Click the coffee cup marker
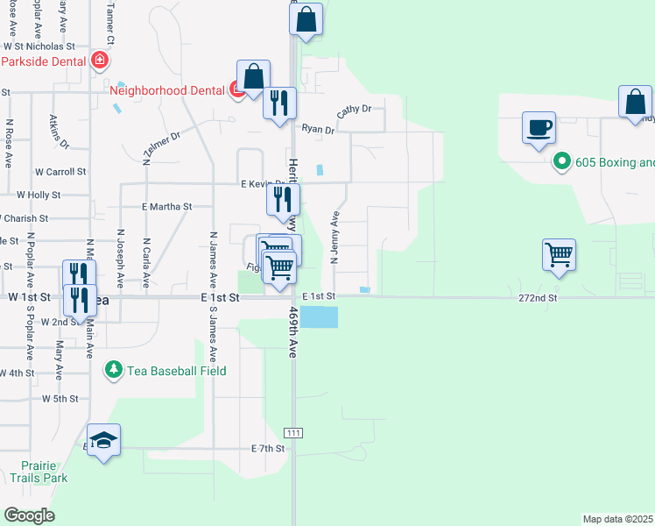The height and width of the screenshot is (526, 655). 539,127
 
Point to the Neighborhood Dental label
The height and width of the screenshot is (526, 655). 166,89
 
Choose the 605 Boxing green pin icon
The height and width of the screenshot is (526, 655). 561,162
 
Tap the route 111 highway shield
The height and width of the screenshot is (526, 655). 292,434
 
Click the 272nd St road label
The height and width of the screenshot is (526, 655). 538,298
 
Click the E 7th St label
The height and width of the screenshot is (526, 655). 268,449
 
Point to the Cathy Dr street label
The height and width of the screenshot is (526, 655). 355,110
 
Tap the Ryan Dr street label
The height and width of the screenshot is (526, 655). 319,130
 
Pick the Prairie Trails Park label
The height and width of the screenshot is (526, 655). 39,472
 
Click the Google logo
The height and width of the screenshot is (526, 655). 30,515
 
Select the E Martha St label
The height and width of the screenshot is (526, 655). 166,207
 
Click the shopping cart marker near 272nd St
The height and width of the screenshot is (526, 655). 559,255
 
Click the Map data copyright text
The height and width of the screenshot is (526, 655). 617,519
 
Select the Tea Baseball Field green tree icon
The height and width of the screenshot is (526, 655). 112,371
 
